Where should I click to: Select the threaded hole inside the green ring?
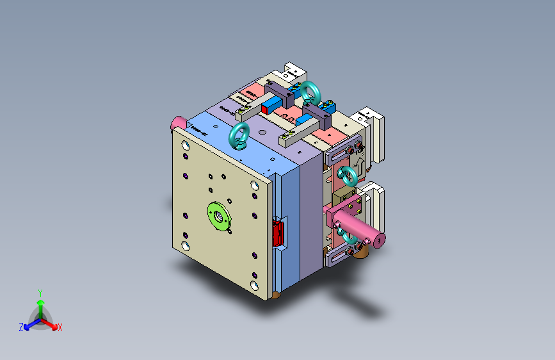pos(218,216)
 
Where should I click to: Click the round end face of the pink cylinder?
pos(379,240)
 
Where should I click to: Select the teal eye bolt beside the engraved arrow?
pos(346,174)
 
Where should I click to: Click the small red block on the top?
pos(264,110)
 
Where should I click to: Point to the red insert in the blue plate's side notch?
pos(278,233)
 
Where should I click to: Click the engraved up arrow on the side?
pos(358,167)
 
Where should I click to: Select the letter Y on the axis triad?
pos(40,292)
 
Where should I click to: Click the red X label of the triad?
pos(60,328)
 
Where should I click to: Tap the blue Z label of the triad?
pos(21,327)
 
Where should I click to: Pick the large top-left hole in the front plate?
pos(186,146)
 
